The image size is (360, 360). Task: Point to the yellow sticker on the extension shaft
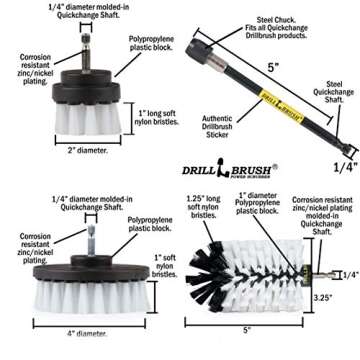[x=269, y=101]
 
